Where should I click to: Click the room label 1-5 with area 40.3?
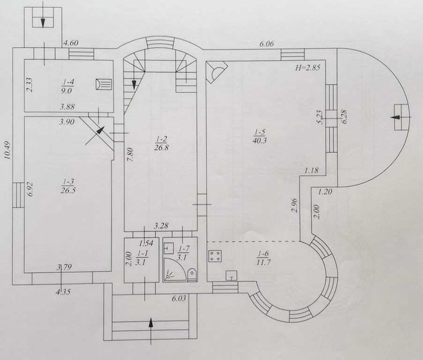(260, 136)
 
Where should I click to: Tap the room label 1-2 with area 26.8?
(161, 143)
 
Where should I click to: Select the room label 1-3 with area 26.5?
(68, 186)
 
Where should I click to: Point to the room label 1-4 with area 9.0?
(67, 86)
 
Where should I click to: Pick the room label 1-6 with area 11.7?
(263, 258)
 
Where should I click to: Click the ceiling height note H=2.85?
(307, 67)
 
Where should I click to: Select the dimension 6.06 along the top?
(267, 44)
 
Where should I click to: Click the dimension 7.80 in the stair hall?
(131, 154)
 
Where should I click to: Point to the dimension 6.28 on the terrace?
(344, 116)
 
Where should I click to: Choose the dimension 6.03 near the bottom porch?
(179, 299)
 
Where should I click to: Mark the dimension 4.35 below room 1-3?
(63, 292)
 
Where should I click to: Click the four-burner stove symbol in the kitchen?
(215, 256)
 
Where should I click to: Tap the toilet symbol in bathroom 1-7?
(192, 274)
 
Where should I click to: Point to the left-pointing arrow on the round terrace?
(400, 117)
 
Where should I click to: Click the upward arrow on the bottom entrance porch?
(151, 331)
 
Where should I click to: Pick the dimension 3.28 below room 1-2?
(161, 226)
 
